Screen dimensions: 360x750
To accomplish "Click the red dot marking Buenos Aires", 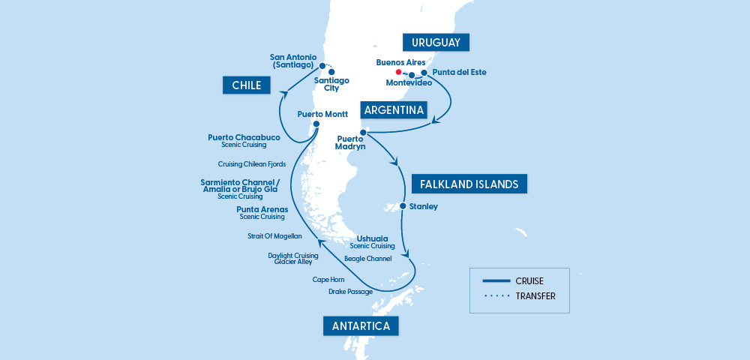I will pos(399,72).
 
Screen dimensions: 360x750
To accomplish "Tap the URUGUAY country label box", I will pos(436,42).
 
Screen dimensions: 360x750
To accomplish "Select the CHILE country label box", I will pos(247,85).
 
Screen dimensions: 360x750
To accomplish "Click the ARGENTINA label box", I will pos(393,110).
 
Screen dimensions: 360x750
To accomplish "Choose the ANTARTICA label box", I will pos(360,325).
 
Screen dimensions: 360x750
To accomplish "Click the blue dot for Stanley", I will pos(403,206).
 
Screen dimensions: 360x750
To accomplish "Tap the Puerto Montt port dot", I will pos(316,124).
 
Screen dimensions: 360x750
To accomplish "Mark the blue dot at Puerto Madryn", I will pos(363,133).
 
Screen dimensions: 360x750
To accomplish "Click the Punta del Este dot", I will pos(424,73).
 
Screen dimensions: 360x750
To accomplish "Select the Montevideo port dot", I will pos(412,75).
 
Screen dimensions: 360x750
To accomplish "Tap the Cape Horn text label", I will pos(328,279).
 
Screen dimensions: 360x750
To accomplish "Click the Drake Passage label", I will pos(350,291).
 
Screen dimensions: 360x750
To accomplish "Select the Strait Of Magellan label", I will pos(274,235).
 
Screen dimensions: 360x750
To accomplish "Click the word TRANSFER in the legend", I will pos(535,295).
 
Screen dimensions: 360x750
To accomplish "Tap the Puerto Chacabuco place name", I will pos(244,137).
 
